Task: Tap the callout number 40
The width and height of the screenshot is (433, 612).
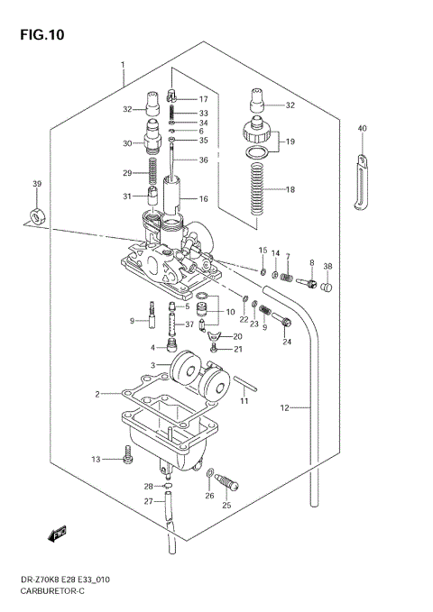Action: [362, 128]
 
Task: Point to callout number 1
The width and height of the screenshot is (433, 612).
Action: [123, 65]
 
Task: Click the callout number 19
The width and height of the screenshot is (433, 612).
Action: [290, 142]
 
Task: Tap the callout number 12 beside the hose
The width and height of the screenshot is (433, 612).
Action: [284, 407]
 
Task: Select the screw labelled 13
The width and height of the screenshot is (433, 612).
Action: [127, 460]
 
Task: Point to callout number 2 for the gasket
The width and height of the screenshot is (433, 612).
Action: [97, 394]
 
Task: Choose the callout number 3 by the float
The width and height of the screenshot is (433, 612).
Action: [153, 364]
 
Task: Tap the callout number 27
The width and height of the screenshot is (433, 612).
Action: [148, 502]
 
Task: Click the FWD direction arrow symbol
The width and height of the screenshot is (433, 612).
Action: [60, 534]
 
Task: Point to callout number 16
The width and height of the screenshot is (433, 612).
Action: [203, 198]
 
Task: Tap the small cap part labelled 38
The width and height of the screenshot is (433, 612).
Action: [327, 288]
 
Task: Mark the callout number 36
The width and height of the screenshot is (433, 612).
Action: [203, 160]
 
